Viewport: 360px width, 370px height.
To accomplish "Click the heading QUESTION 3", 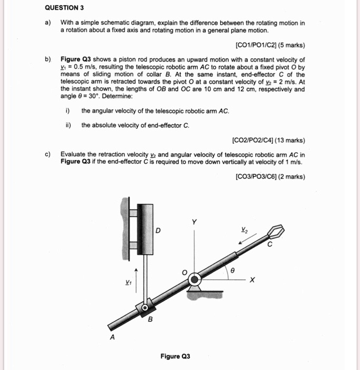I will [64, 8].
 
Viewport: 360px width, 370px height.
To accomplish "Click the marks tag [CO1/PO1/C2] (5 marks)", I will [269, 45].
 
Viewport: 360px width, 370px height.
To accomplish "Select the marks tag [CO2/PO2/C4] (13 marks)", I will [268, 141].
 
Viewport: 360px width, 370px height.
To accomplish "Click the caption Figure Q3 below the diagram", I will [175, 356].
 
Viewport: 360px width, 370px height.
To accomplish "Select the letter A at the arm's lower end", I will [112, 337].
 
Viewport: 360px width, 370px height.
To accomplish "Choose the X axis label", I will [252, 281].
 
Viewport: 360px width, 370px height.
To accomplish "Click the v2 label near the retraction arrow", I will [244, 229].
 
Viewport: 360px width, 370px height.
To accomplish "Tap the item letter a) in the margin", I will [48, 24].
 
